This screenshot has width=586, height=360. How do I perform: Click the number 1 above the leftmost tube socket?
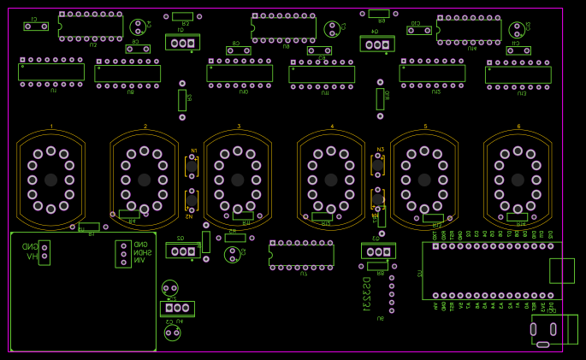pos(50,127)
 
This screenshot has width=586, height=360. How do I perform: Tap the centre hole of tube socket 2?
pos(145,180)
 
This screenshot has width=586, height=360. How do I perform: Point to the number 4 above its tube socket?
pos(332,127)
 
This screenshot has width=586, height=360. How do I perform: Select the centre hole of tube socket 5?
pos(425,180)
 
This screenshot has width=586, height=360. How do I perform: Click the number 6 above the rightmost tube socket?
pos(518,127)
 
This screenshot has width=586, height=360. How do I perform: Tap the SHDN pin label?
pos(143,252)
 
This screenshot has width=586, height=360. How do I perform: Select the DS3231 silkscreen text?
pos(366,293)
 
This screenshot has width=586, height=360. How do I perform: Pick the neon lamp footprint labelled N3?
pos(377,165)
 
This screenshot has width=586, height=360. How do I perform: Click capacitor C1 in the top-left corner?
pos(36,27)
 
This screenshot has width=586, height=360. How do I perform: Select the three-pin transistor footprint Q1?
pos(182,43)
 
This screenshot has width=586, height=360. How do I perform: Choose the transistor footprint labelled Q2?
pos(182,251)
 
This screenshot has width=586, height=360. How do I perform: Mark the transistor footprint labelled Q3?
pos(378,251)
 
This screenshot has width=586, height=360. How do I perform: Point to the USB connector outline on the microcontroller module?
pos(561,271)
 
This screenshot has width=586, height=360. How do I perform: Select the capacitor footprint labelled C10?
pos(419,31)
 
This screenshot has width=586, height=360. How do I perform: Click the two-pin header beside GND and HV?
pos(44,252)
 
